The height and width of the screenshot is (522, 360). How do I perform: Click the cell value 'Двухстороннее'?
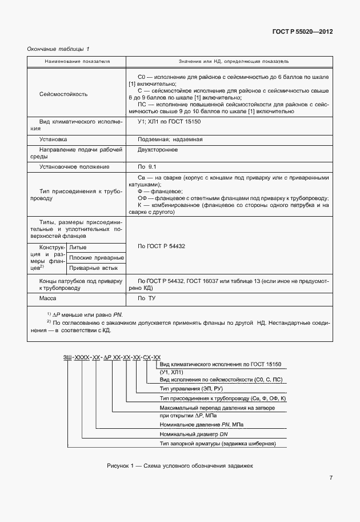click(158, 150)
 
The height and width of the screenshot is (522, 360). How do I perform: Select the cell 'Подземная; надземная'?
click(170, 139)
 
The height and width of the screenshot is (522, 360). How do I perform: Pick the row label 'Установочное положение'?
click(74, 166)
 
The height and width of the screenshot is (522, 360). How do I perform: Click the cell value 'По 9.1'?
click(147, 166)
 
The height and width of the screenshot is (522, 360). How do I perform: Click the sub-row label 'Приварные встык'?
click(93, 268)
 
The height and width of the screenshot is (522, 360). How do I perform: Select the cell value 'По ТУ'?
click(147, 298)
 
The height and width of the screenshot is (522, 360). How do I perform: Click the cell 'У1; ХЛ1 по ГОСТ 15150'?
click(169, 122)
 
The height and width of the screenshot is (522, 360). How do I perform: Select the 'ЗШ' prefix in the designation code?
click(67, 357)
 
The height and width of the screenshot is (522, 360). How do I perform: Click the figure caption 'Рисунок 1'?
click(179, 465)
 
